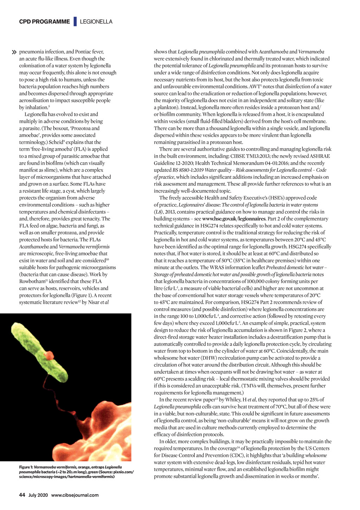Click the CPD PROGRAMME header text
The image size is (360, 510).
(44, 22)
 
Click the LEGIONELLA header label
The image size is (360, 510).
(96, 22)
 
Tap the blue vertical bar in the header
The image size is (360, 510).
(75, 21)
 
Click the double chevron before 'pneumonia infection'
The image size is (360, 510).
(14, 52)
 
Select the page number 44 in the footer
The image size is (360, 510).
(22, 495)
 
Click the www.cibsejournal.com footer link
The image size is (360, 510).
(75, 495)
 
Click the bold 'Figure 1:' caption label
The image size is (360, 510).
(26, 467)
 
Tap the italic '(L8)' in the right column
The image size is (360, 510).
(159, 212)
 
